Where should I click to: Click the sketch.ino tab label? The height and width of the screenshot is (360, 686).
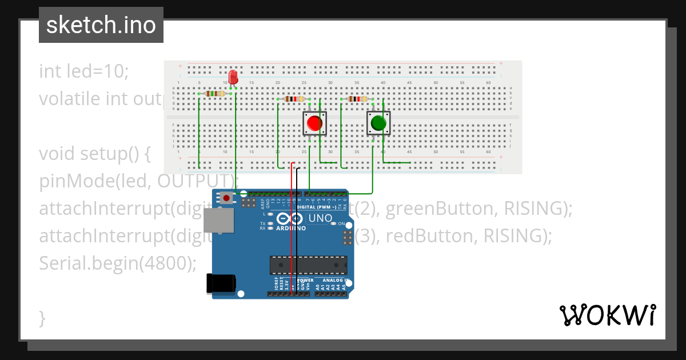101,25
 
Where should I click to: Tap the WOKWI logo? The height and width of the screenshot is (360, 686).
607,315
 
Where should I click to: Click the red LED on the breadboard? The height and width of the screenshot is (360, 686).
233,78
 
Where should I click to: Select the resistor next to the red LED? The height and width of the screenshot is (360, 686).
214,94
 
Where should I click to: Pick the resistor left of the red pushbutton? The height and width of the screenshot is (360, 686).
294,99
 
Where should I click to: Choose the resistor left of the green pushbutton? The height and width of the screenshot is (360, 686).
357,99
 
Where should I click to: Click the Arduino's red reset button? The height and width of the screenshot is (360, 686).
227,198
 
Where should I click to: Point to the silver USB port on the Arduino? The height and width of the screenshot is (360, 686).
219,221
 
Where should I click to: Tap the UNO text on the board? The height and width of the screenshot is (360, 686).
320,218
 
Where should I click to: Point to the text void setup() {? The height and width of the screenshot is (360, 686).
94,154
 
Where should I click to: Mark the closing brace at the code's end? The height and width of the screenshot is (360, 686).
42,318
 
